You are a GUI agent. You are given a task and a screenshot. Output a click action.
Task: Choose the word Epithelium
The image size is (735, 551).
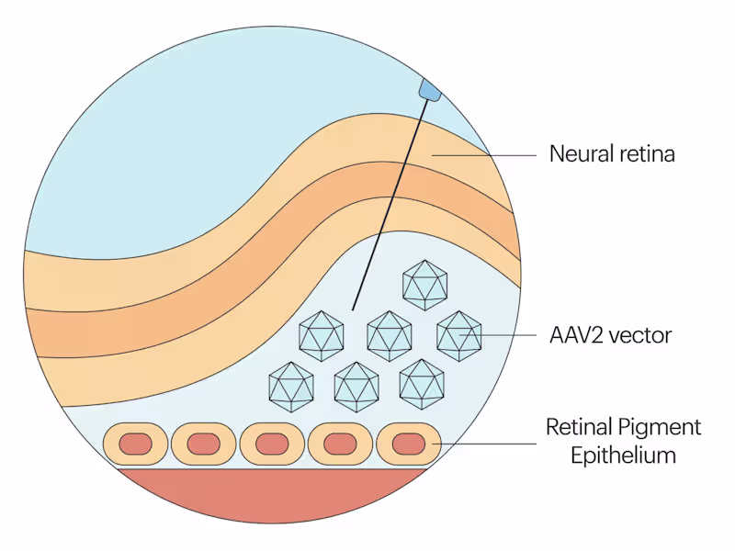[611, 455]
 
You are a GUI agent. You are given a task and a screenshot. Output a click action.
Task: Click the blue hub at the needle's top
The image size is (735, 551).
[429, 89]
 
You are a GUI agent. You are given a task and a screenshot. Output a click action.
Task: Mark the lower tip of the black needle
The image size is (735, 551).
[354, 309]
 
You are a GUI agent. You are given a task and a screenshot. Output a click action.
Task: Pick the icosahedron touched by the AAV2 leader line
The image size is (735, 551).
[458, 335]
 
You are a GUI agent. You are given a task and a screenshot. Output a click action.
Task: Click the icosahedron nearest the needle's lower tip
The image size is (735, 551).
[322, 334]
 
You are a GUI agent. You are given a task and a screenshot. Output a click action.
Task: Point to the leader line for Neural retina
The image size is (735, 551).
[487, 155]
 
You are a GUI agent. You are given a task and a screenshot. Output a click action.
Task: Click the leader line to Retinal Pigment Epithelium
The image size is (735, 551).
[487, 444]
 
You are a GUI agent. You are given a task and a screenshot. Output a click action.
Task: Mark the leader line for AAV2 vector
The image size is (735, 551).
[505, 335]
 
